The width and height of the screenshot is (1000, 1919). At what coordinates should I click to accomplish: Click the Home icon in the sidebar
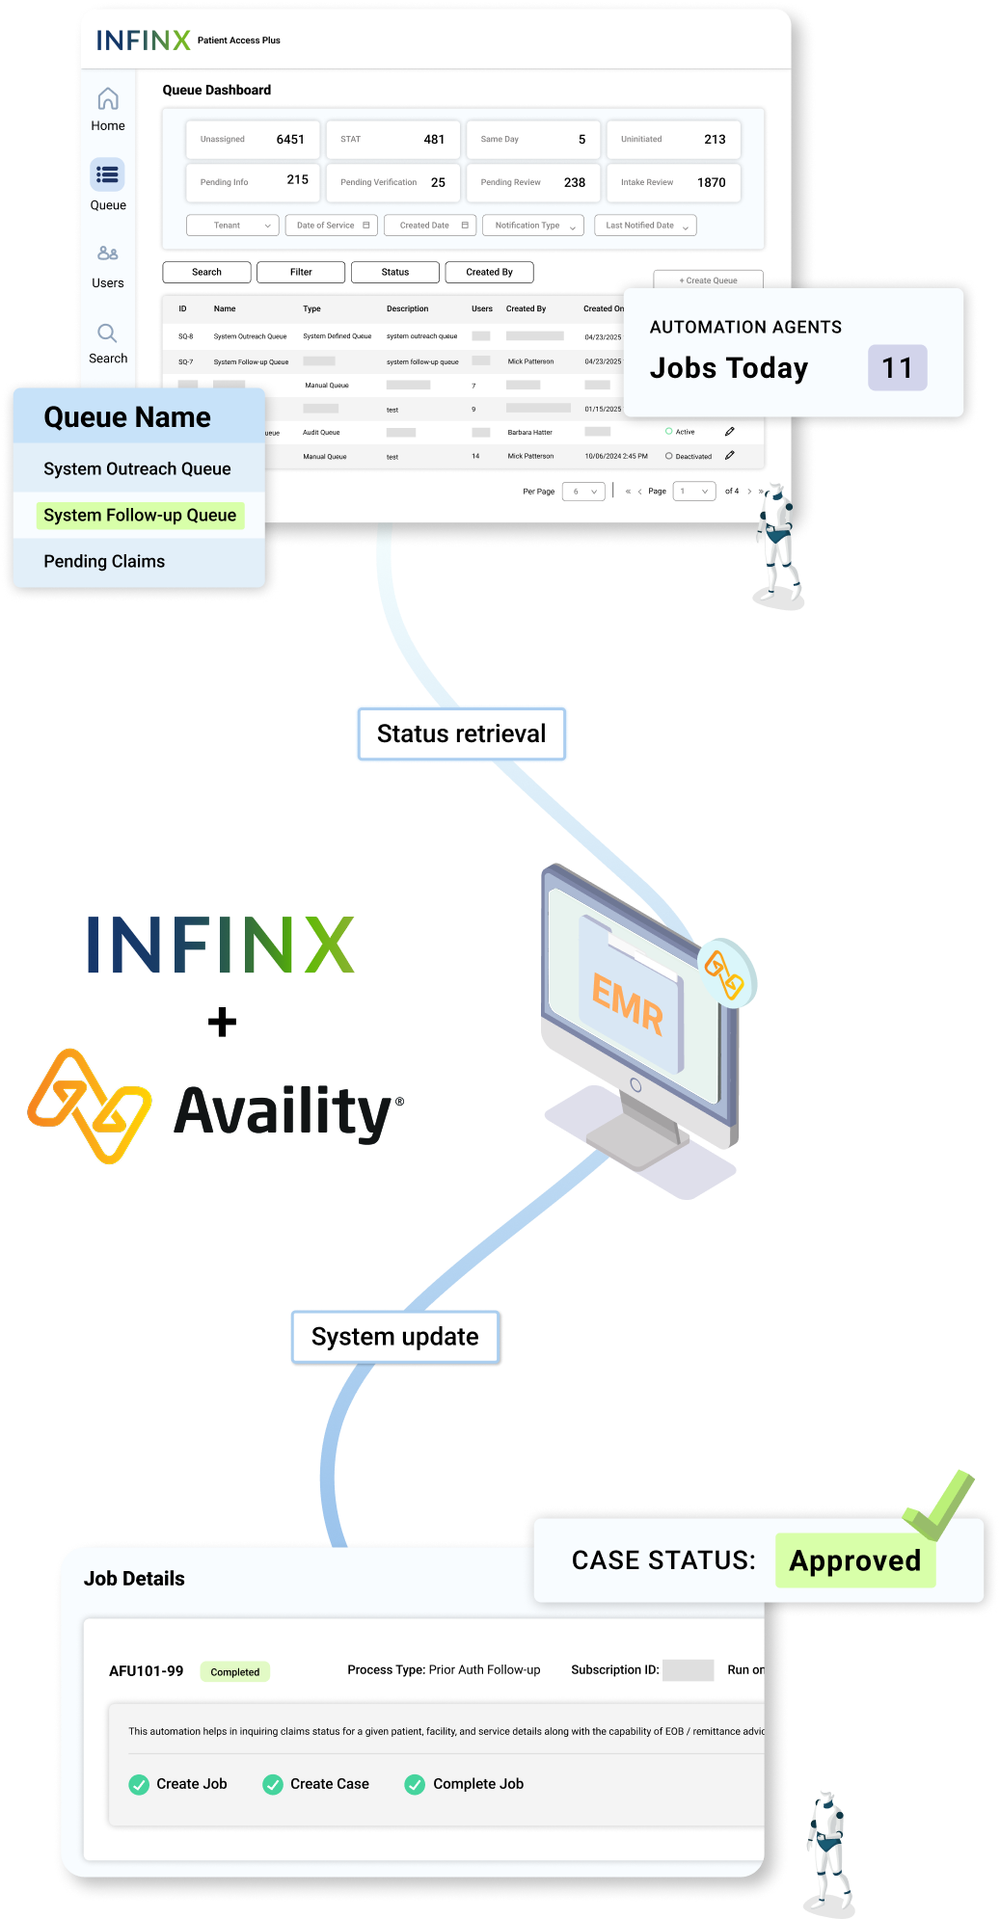108,99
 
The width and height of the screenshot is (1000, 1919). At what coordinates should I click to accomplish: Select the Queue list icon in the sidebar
108,174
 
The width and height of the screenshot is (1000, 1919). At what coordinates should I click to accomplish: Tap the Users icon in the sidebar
108,253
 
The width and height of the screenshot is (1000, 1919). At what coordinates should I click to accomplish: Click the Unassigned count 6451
289,140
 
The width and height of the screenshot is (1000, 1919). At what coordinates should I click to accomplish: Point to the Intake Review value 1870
711,182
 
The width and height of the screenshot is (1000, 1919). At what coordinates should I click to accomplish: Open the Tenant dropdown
232,226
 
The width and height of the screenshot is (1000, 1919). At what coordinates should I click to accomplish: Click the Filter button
301,272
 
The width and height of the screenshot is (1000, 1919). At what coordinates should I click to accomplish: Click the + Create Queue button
708,280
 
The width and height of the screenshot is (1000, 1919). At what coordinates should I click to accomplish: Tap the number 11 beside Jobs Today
897,367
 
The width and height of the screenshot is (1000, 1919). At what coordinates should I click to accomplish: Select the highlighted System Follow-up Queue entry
140,515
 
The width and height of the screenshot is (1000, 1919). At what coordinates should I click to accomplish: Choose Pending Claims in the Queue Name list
104,561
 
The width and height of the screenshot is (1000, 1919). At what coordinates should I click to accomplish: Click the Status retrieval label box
461,733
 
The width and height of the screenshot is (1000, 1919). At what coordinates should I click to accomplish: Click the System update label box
394,1337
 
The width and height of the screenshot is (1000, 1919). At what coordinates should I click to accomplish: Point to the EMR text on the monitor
628,1003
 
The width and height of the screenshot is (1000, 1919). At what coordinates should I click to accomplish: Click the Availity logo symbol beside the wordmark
90,1106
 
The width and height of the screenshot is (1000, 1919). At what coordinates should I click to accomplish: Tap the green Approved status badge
854,1560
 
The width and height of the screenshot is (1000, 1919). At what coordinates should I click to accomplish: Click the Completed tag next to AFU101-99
234,1672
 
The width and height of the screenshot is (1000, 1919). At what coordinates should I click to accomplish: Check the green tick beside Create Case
273,1784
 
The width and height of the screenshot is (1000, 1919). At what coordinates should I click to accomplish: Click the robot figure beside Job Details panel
828,1844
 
